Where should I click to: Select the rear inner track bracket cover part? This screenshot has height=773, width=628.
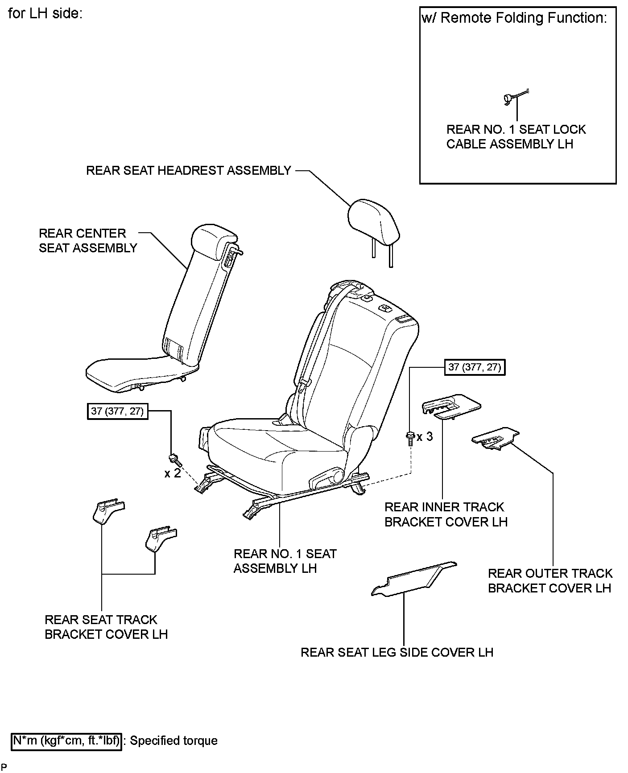(451, 406)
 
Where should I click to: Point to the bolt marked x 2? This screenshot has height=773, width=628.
(174, 458)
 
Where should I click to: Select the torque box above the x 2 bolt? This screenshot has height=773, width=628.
(117, 411)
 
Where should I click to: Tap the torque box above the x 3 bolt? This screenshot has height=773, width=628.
(475, 367)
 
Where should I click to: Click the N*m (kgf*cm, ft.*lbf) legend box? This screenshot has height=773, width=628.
(66, 741)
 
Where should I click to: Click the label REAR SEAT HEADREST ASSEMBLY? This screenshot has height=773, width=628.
(189, 170)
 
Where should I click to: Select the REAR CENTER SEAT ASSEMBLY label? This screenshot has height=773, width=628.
(88, 241)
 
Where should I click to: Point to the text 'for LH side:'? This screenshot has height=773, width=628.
(45, 13)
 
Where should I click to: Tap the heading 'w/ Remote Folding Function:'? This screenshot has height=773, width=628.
(514, 18)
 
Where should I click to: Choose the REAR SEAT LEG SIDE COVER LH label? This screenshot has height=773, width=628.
(397, 652)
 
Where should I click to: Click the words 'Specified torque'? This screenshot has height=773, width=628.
(174, 741)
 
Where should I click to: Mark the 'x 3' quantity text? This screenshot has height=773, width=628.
(425, 436)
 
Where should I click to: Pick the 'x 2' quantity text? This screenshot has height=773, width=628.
(172, 473)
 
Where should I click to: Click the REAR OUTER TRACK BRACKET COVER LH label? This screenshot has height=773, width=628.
(549, 580)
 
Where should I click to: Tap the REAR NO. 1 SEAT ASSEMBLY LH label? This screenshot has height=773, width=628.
(285, 561)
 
